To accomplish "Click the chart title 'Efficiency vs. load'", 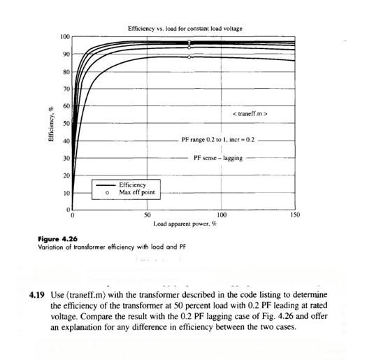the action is click(x=185, y=29).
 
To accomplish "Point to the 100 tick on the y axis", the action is click(x=65, y=36).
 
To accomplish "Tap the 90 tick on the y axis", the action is click(x=66, y=54).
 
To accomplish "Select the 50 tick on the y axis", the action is click(x=66, y=123).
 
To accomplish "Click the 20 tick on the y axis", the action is click(x=66, y=175).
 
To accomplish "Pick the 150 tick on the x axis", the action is click(x=294, y=215).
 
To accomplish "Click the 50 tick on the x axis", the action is click(x=148, y=215).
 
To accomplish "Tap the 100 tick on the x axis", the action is click(x=222, y=215).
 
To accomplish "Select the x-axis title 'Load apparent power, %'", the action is click(x=185, y=224).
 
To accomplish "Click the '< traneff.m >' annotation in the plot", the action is click(x=250, y=113).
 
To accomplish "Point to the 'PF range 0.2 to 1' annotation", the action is click(x=218, y=140).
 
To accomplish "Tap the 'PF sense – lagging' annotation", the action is click(x=218, y=158).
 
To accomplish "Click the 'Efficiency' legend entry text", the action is click(x=133, y=185).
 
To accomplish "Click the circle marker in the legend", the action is click(x=106, y=192).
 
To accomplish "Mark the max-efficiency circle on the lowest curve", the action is click(x=189, y=57).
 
